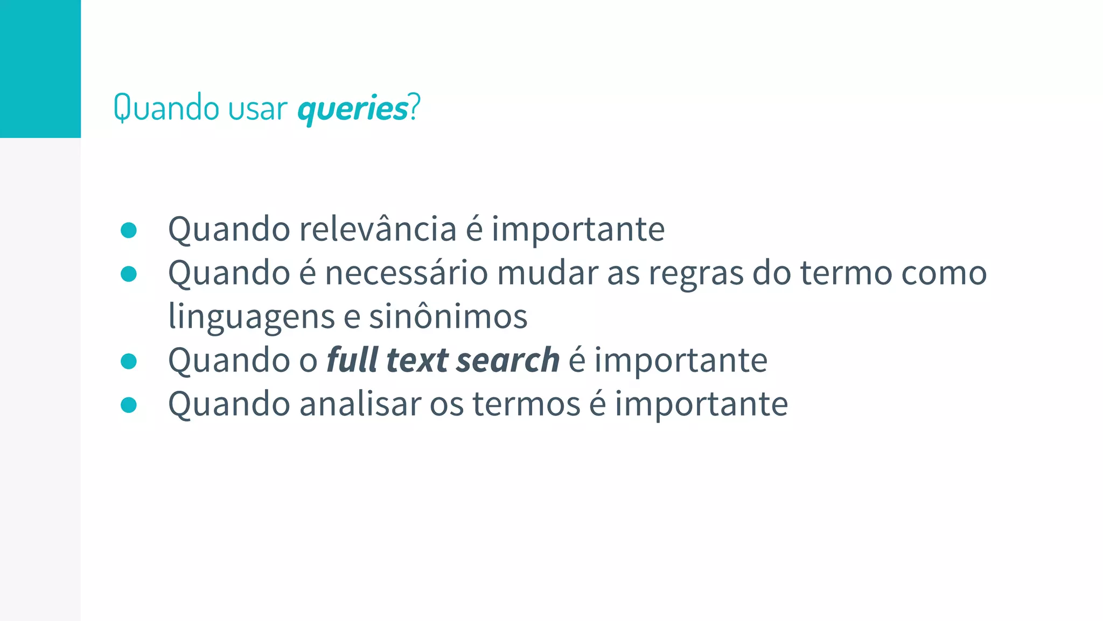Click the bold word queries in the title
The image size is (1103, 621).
tap(353, 109)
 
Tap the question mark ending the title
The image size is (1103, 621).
tap(414, 107)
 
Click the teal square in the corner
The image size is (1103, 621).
tap(40, 68)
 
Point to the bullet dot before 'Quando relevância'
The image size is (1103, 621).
tap(129, 230)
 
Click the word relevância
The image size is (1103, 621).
tap(378, 229)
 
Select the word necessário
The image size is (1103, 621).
tap(406, 273)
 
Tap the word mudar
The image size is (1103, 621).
tap(547, 273)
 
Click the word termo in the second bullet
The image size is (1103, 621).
tap(846, 273)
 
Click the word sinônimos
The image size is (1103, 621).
tap(448, 316)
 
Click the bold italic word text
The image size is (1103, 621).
tap(417, 360)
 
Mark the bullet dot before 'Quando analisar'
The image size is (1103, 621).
tap(129, 404)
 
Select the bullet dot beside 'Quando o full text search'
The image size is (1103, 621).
tap(129, 361)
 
